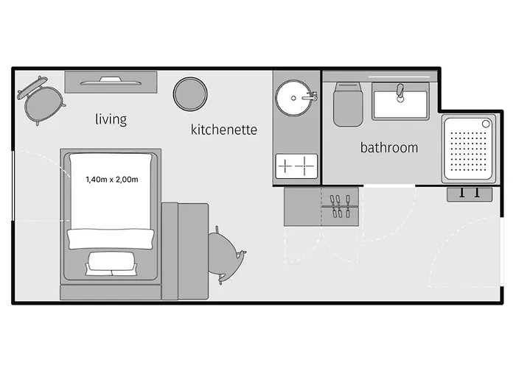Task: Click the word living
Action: point(111,119)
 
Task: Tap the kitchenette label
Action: point(224,130)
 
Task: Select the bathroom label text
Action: point(389,147)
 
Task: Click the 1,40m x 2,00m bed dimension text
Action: point(112,180)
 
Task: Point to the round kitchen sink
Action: point(293,98)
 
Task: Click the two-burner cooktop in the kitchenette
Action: point(296,166)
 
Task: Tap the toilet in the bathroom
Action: point(348,105)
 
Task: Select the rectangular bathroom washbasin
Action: point(400,102)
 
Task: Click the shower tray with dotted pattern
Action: point(469,149)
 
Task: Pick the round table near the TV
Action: point(190,94)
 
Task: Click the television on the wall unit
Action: point(111,82)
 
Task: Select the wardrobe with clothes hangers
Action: point(321,207)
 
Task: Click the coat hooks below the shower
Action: point(470,194)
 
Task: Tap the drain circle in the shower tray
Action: point(486,124)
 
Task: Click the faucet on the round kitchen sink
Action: point(310,96)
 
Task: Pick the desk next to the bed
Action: point(185,252)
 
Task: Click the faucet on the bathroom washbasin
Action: point(400,93)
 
